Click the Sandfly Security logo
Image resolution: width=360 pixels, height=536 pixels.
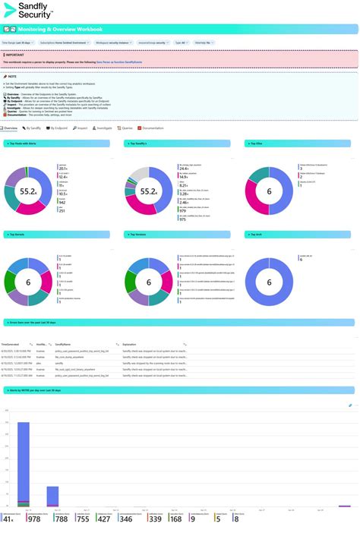(x=30, y=11)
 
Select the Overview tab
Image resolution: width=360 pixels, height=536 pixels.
(x=11, y=128)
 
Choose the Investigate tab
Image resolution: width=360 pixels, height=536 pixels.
(x=103, y=128)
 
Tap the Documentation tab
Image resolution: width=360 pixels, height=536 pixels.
(x=151, y=128)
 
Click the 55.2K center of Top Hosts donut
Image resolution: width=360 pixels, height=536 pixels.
(x=28, y=191)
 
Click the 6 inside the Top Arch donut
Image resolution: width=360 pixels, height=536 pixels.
(x=269, y=282)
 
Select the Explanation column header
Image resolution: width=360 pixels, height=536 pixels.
(x=130, y=344)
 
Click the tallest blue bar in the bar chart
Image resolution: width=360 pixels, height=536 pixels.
(x=23, y=463)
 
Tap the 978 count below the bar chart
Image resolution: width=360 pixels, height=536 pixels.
(x=33, y=519)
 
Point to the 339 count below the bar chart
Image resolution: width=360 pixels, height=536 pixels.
(x=155, y=519)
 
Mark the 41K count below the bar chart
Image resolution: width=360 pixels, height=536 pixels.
(x=8, y=519)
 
